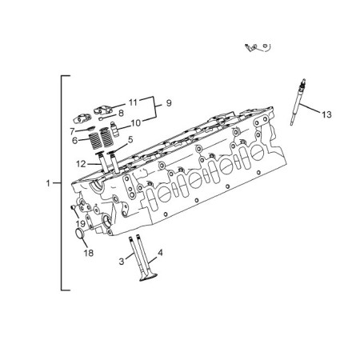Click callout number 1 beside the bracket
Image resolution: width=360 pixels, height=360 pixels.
coord(48,183)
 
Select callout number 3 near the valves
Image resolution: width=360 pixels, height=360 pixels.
coord(122,262)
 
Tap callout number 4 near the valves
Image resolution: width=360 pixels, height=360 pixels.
coord(160,253)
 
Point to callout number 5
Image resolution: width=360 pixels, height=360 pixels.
coord(130,139)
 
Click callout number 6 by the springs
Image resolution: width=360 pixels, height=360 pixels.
coord(75,140)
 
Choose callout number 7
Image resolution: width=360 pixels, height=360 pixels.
coord(72,131)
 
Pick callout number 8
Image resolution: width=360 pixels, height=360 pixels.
coord(121,113)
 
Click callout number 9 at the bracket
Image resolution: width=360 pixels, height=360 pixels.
coord(169,103)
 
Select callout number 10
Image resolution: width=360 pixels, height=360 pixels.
coord(136,123)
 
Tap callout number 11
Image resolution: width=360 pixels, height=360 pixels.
coord(133,102)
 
